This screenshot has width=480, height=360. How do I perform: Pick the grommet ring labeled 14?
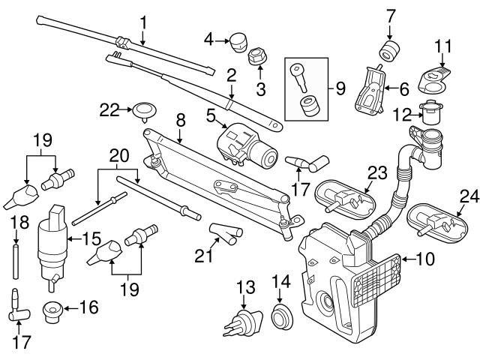click(282, 316)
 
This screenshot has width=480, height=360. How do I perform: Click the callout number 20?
click(116, 154)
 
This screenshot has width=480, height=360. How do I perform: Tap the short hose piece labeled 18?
click(14, 256)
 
